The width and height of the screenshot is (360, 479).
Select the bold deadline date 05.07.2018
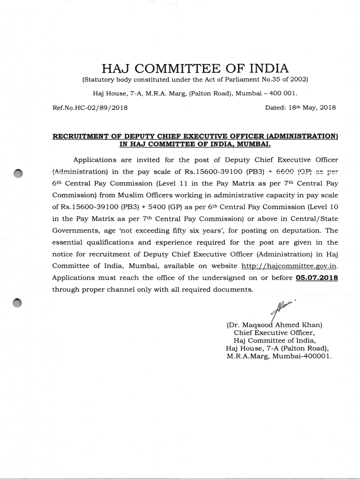[x=317, y=278]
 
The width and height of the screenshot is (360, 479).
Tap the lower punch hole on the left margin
[x=18, y=303]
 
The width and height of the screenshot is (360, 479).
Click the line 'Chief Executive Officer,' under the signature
[x=274, y=333]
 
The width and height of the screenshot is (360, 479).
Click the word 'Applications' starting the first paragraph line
[x=95, y=160]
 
